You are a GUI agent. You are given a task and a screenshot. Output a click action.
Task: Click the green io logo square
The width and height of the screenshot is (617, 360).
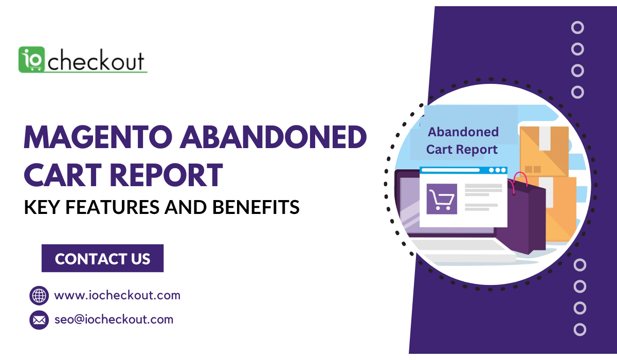31,60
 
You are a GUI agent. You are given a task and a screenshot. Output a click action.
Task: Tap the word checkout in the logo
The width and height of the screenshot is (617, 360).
96,60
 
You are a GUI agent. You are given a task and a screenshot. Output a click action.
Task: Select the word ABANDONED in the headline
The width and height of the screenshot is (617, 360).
273,137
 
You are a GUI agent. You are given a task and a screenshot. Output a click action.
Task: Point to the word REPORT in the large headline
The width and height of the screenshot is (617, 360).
167,175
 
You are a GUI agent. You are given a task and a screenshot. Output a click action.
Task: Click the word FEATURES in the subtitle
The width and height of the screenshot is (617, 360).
112,207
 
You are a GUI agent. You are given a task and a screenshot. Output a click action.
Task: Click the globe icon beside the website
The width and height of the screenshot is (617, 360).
39,296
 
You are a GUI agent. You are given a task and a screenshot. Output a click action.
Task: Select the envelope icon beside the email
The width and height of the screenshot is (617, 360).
39,320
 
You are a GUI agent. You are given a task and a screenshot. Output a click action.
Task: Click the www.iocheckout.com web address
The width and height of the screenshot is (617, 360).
117,295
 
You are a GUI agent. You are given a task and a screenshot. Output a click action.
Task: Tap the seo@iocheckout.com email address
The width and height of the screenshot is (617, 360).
114,319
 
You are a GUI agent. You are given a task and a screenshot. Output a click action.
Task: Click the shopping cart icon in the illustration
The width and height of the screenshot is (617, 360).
442,199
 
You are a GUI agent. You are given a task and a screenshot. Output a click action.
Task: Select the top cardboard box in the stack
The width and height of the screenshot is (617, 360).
544,152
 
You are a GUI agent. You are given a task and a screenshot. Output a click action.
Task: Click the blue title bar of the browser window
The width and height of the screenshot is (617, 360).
463,170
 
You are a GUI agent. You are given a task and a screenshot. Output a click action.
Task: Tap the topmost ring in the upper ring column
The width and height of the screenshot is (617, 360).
577,28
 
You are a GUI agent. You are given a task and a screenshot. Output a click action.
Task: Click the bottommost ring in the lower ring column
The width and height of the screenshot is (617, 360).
580,330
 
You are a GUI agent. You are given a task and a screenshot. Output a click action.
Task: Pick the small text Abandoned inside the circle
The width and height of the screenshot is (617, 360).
463,132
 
